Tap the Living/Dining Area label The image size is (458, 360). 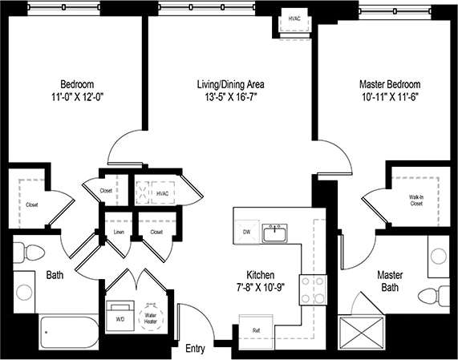coord(232,84)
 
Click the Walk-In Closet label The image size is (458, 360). coord(415,200)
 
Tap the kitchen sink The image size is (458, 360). coord(277,233)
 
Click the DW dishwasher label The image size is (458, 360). coord(246,233)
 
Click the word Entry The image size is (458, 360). coord(195,349)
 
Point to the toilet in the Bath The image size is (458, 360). coord(29,251)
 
